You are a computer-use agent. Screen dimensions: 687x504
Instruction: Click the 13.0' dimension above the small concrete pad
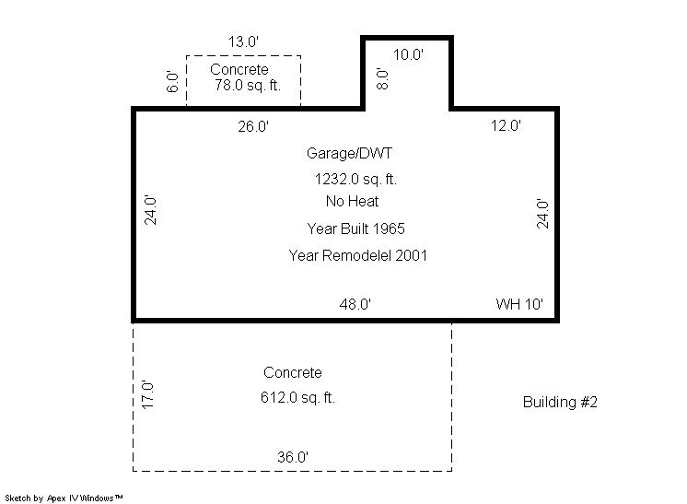click(244, 41)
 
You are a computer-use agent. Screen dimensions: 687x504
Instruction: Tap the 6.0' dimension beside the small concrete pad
click(172, 81)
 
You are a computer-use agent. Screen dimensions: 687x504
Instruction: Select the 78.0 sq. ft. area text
click(248, 85)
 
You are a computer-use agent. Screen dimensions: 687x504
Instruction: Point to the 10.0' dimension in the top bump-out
click(408, 54)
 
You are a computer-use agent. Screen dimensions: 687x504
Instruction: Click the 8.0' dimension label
click(382, 79)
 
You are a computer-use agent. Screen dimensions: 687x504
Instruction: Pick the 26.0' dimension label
click(253, 126)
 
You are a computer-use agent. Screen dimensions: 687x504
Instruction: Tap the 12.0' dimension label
click(507, 126)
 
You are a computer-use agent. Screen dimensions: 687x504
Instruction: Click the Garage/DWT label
click(349, 153)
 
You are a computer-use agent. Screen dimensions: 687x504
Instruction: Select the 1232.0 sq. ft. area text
click(355, 180)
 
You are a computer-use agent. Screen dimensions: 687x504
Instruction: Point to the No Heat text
click(353, 202)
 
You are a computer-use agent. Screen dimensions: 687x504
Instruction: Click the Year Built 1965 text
click(355, 229)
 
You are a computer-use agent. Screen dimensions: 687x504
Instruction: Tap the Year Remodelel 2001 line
click(358, 255)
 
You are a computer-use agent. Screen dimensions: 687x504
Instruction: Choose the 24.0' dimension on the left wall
click(150, 210)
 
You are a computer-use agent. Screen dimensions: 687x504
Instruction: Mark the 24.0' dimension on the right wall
click(542, 214)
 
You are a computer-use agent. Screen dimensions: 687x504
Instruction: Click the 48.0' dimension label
click(355, 304)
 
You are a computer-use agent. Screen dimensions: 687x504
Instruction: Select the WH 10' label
click(519, 304)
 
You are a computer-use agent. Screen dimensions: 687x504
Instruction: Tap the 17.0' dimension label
click(147, 395)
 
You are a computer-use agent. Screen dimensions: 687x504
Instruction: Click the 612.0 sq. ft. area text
click(298, 398)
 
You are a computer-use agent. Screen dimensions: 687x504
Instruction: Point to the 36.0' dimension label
click(293, 458)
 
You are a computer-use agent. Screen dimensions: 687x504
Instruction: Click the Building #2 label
click(560, 403)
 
